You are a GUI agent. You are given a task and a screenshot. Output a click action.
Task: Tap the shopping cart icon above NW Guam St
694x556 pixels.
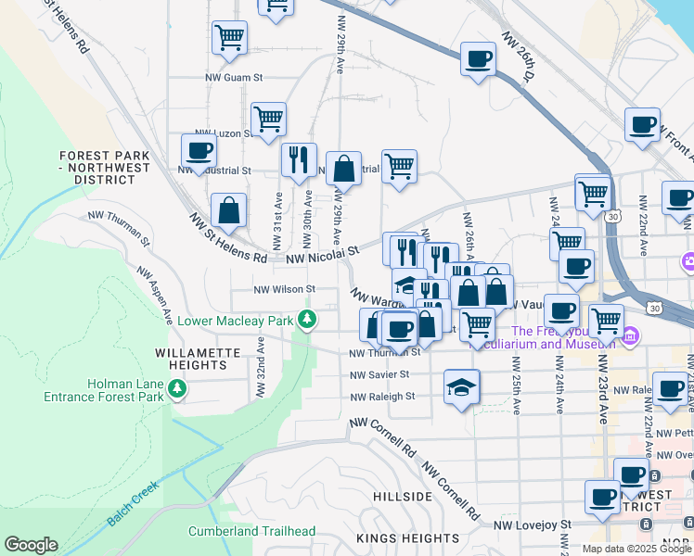pos(229,38)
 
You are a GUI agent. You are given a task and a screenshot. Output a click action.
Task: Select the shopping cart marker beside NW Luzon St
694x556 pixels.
pos(268,119)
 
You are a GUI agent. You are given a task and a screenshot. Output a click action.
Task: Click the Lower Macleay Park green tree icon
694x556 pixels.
pos(308,321)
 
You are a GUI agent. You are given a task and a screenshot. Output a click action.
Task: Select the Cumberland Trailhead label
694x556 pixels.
pos(251,532)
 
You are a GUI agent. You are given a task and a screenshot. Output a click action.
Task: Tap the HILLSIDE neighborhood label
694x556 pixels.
pos(403,497)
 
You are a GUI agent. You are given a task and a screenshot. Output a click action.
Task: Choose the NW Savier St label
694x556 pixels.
pos(379,374)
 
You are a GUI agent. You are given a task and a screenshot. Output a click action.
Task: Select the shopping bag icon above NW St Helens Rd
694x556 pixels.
pos(229,210)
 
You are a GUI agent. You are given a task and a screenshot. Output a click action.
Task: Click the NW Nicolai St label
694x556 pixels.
pos(322,254)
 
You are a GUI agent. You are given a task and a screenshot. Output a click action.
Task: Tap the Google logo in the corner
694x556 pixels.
pos(31,545)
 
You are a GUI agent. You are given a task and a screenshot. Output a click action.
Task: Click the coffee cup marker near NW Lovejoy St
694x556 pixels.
pos(602,497)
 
